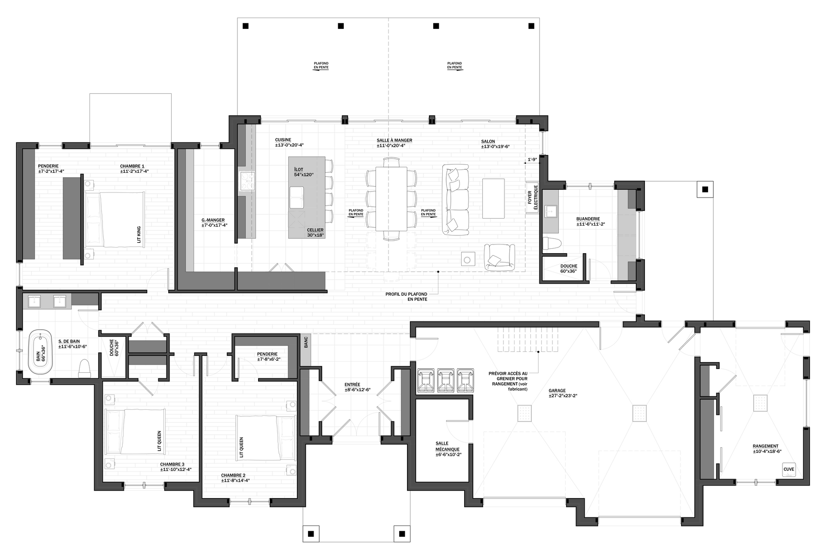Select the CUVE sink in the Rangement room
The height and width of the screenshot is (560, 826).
(x=789, y=470)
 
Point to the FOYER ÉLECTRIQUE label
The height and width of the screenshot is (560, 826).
(x=533, y=197)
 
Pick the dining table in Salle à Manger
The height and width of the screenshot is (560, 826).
(x=391, y=199)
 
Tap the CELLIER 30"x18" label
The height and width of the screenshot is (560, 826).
(x=315, y=232)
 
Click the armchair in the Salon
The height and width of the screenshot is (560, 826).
(x=499, y=257)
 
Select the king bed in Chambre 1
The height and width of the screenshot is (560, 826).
(x=114, y=220)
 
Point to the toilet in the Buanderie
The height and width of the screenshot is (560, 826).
(x=552, y=243)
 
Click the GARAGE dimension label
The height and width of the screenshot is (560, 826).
(x=563, y=393)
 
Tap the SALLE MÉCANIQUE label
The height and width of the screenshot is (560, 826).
(x=448, y=449)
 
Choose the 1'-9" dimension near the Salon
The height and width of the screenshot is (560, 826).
(x=532, y=160)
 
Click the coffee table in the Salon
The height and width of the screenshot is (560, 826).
(x=493, y=198)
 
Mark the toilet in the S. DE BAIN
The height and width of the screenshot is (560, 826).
(x=85, y=368)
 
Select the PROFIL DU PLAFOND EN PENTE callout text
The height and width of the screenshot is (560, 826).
(x=407, y=297)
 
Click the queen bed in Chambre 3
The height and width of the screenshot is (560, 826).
(x=135, y=432)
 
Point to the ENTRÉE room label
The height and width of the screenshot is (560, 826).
(x=358, y=387)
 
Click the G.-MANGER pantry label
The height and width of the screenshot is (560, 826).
(x=214, y=223)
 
